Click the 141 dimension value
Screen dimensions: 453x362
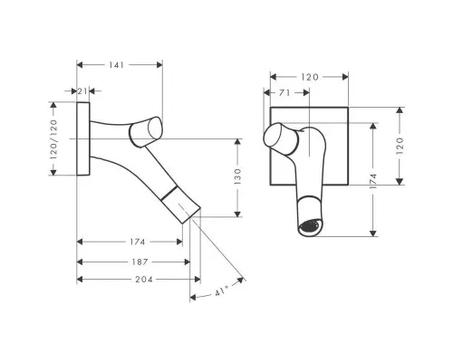pos(116,65)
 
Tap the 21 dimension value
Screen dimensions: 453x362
pos(82,90)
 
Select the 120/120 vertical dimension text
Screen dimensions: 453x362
pos(53,139)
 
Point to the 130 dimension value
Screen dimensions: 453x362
pos(237,176)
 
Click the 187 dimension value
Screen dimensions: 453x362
pos(140,262)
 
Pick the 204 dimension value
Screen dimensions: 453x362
pos(144,280)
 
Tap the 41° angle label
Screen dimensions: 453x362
pos(222,291)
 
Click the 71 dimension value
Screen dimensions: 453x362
pos(284,93)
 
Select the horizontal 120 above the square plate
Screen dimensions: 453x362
pos(310,77)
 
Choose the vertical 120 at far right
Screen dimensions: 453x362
pos(400,146)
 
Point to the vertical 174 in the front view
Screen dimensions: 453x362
pos(373,181)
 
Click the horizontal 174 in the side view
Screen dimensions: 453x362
pos(138,242)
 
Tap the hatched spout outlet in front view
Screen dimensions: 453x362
pos(308,226)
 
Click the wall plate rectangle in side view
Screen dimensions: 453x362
pos(83,138)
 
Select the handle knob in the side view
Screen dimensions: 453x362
pos(146,132)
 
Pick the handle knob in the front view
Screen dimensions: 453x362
pos(281,139)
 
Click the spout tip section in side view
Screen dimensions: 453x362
pos(180,205)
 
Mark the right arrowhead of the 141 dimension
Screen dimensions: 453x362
pos(159,65)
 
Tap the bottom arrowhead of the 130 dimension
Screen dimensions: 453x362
pos(237,214)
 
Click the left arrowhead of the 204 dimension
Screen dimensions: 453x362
pos(80,280)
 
